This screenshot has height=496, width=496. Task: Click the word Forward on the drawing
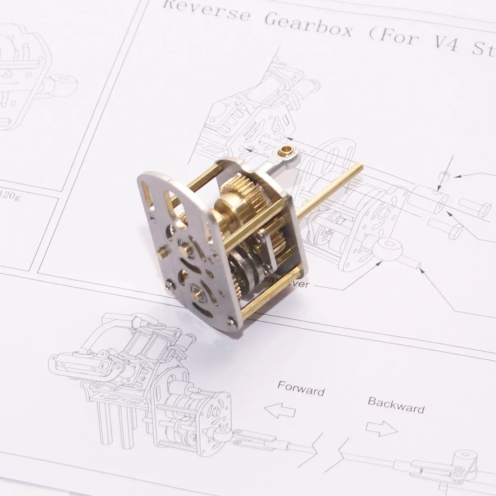click(x=301, y=388)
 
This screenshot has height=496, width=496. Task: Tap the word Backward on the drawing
click(x=396, y=404)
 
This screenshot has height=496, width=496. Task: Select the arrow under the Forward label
click(x=280, y=411)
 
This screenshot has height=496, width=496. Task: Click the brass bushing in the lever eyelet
click(x=285, y=149)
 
